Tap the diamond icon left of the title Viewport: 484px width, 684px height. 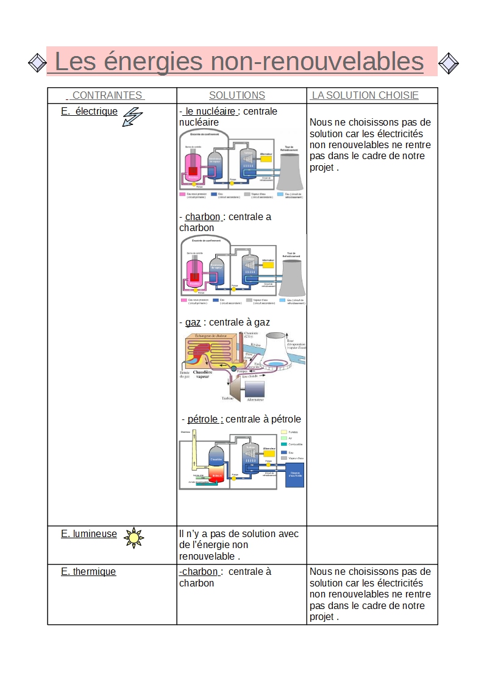click(x=37, y=62)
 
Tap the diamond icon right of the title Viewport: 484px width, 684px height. click(x=449, y=63)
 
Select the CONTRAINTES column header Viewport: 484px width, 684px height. click(x=105, y=95)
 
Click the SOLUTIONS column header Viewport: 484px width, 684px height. click(x=237, y=95)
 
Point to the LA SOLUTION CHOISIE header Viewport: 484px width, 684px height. click(x=365, y=95)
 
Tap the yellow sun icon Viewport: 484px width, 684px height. click(x=133, y=538)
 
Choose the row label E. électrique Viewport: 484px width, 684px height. click(x=89, y=111)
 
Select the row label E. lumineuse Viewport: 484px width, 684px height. click(x=89, y=533)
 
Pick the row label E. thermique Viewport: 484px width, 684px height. click(x=88, y=571)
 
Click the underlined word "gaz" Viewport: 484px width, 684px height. click(x=193, y=322)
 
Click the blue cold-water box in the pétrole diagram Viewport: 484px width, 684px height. click(x=294, y=474)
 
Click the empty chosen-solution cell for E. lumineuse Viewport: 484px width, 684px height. click(x=372, y=545)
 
